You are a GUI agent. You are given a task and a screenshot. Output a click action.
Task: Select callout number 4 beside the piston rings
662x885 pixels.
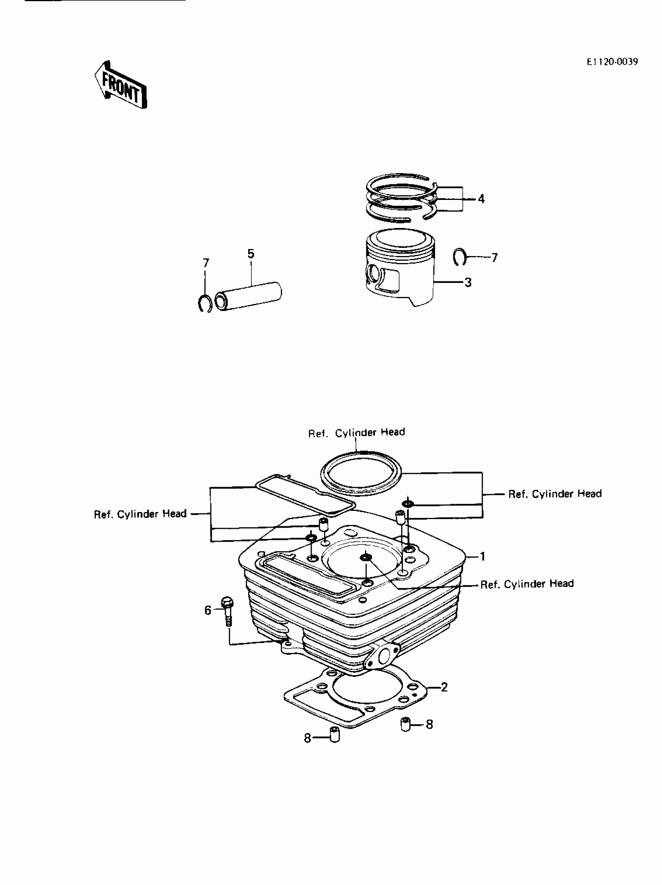tap(481, 199)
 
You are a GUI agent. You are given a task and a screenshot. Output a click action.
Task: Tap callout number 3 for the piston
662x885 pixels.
tap(468, 283)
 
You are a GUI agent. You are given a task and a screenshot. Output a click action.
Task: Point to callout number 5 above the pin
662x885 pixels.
tap(251, 254)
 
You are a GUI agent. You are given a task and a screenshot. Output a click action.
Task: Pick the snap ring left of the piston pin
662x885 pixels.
tap(205, 303)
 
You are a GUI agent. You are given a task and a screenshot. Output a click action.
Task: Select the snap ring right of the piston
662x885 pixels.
tap(460, 257)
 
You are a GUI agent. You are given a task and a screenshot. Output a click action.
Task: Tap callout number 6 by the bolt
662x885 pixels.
tap(208, 611)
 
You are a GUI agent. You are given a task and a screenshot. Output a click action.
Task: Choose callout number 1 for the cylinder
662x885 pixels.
tap(482, 556)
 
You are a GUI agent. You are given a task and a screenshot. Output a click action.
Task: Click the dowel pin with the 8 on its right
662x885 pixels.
tap(406, 724)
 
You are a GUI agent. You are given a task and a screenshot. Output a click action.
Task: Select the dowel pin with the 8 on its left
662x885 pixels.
tap(334, 735)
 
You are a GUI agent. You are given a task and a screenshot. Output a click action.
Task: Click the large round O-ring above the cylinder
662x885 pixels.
tap(361, 472)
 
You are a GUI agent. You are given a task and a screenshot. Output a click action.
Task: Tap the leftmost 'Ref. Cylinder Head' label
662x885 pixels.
tap(140, 514)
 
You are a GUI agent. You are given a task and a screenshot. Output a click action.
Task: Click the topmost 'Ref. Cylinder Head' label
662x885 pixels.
tap(356, 433)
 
